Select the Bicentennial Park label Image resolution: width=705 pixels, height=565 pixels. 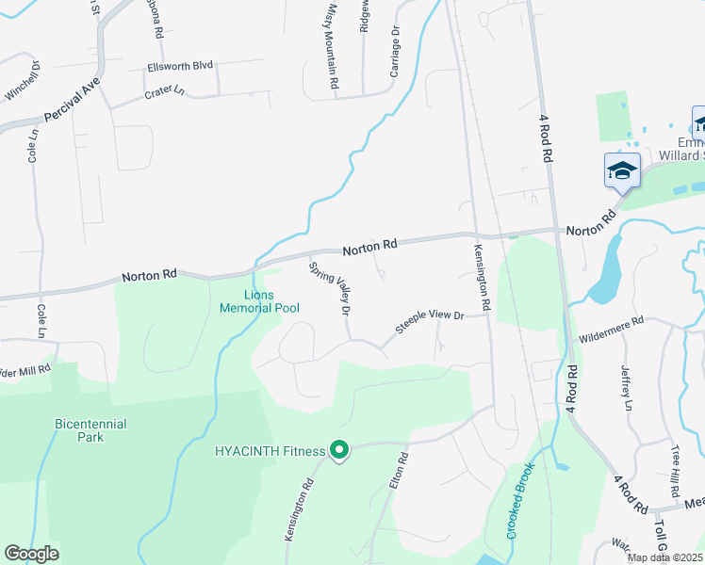(x=90, y=431)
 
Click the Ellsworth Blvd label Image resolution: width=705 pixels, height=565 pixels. (x=180, y=67)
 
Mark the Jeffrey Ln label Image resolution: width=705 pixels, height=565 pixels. (x=625, y=388)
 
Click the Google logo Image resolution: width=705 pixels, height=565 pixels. (x=31, y=553)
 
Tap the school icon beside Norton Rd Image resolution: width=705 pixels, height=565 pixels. (x=622, y=170)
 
